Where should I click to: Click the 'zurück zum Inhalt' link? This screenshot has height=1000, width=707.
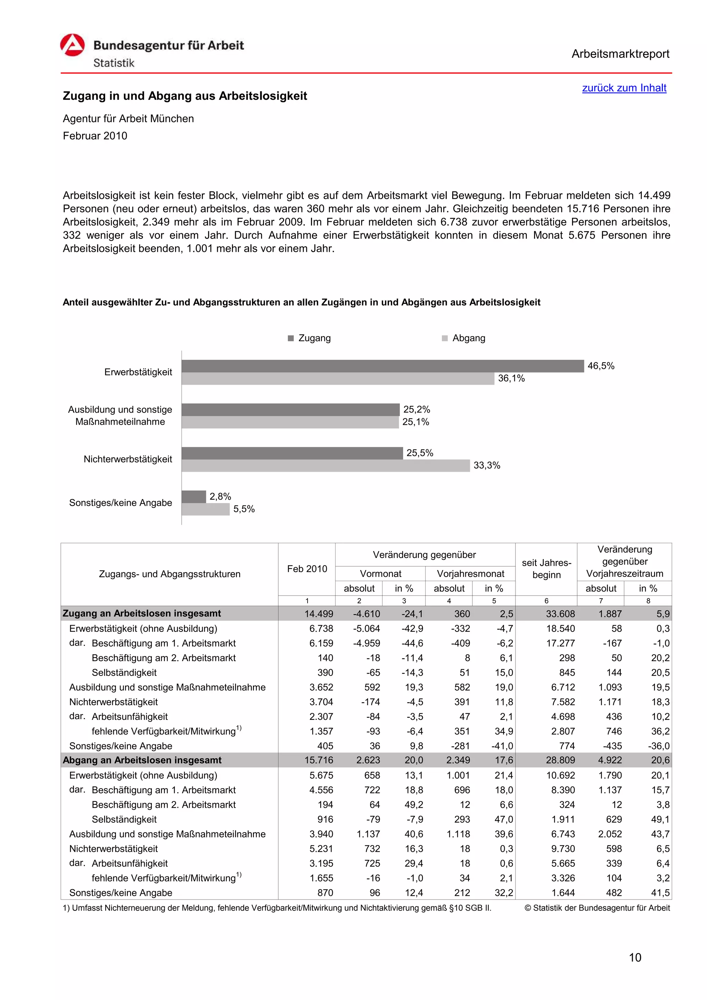point(624,88)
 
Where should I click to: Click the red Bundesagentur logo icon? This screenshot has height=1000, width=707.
point(72,45)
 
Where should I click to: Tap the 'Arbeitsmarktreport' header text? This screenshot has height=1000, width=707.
point(620,54)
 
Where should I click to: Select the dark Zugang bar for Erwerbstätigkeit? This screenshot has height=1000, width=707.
point(382,366)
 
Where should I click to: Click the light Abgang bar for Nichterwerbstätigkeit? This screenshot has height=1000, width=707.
point(326,465)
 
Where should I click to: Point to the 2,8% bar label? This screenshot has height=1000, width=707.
point(220,497)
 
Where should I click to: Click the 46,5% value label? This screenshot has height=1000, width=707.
point(601,366)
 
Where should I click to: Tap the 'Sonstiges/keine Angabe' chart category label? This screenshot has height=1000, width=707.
point(121,503)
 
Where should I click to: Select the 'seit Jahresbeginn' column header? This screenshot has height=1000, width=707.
point(546,569)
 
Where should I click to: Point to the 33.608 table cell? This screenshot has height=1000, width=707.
point(560,614)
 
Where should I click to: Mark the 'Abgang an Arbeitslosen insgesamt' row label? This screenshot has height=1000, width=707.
point(142,760)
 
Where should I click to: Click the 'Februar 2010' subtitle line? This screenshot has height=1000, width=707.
point(95,136)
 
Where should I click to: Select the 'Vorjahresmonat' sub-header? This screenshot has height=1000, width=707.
point(471,573)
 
